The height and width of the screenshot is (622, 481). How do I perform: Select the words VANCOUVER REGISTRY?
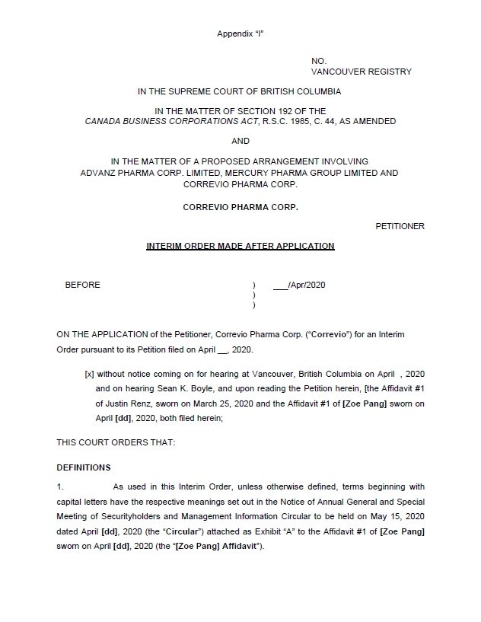(x=361, y=72)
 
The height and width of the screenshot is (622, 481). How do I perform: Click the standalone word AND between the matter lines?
(x=240, y=141)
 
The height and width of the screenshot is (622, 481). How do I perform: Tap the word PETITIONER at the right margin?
(x=400, y=226)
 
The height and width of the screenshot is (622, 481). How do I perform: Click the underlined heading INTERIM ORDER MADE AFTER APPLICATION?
(x=240, y=246)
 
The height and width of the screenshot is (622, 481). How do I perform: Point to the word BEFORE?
(x=82, y=285)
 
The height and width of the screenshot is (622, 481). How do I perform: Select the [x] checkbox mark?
(x=89, y=374)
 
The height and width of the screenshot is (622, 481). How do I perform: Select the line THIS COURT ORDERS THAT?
(x=116, y=442)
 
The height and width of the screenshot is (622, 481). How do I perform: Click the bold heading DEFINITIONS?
(x=84, y=467)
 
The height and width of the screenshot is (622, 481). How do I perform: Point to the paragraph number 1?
(x=60, y=486)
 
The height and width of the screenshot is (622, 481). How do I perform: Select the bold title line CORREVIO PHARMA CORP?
(x=240, y=206)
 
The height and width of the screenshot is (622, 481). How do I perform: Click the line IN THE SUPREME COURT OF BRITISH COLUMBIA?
(x=240, y=91)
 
